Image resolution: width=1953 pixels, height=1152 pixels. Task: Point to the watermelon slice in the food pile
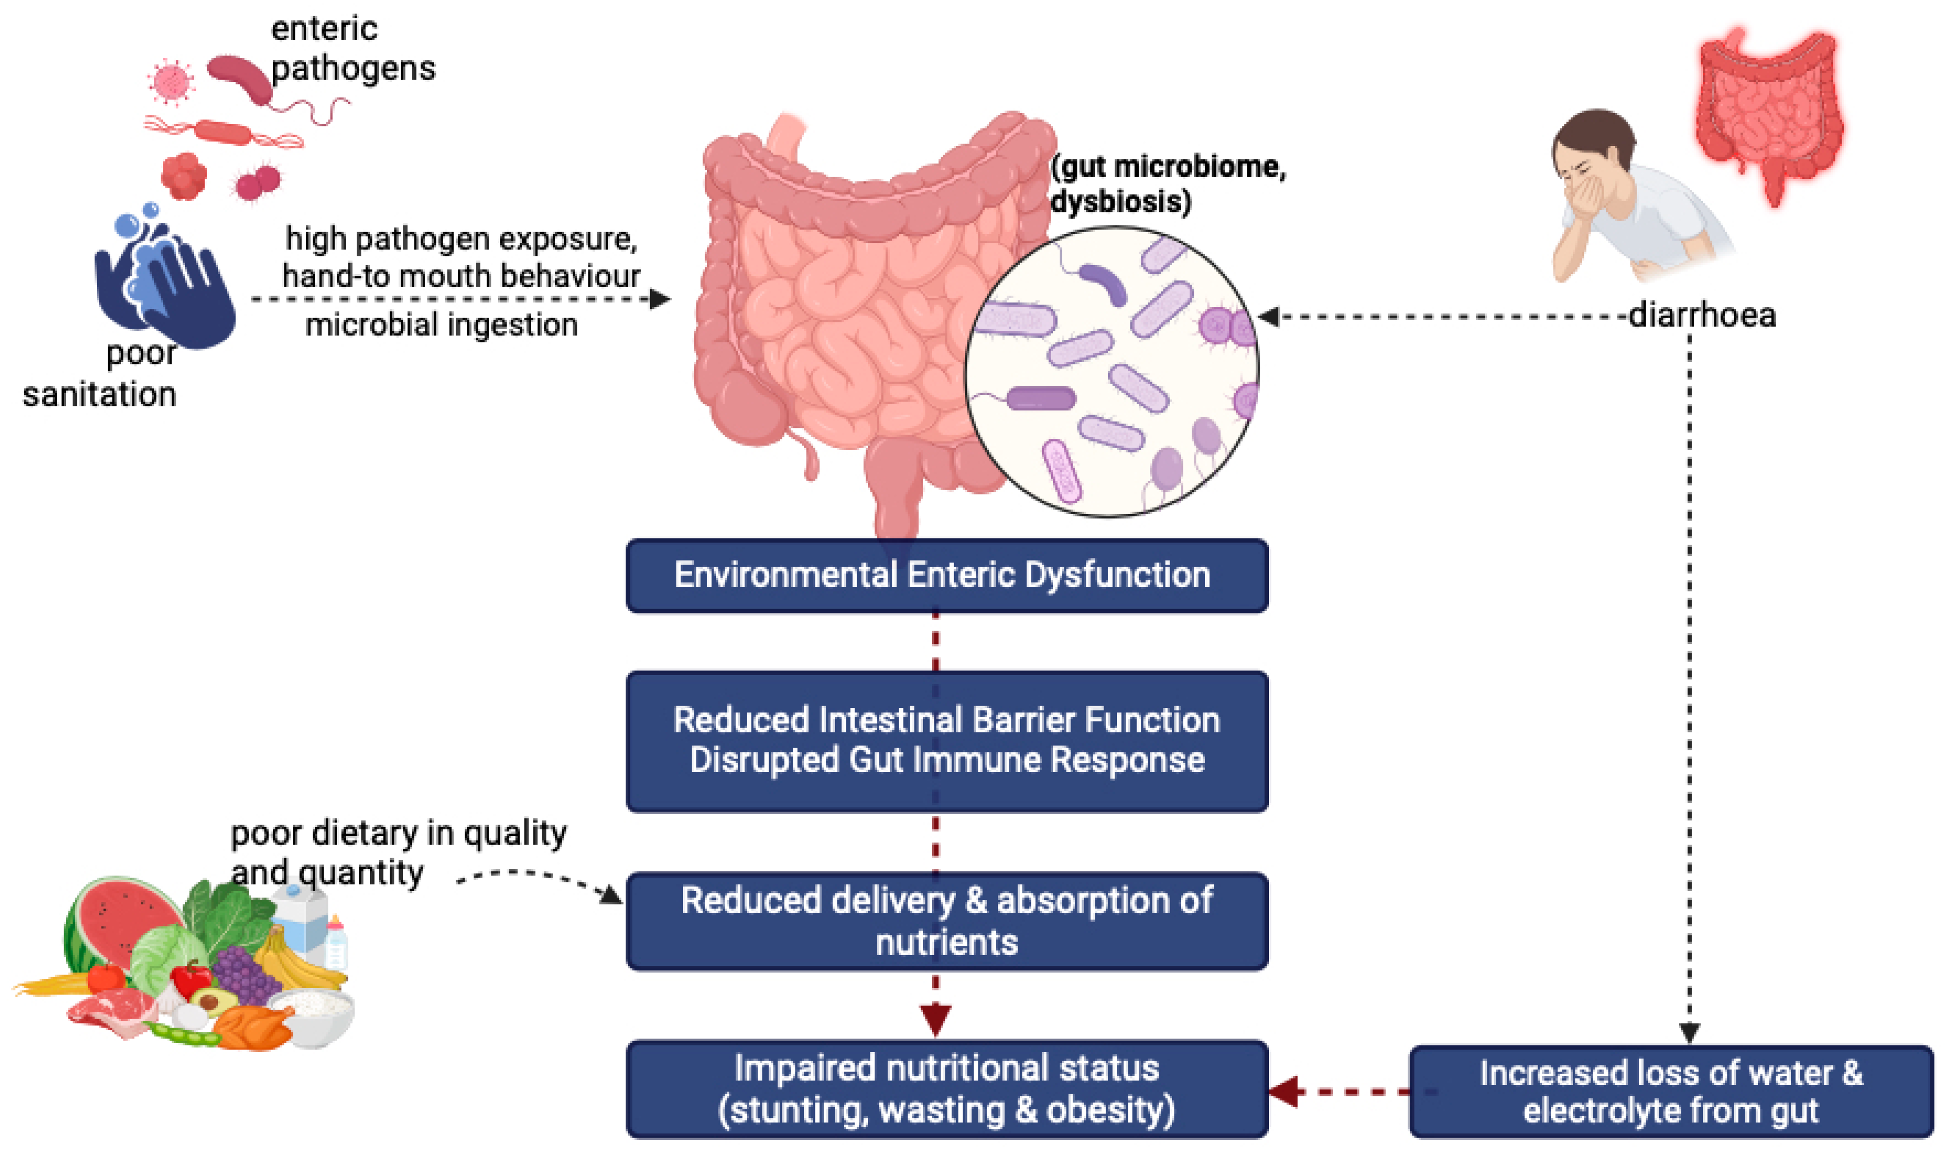[116, 924]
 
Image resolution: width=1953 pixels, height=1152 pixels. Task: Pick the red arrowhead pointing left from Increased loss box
[1284, 1092]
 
